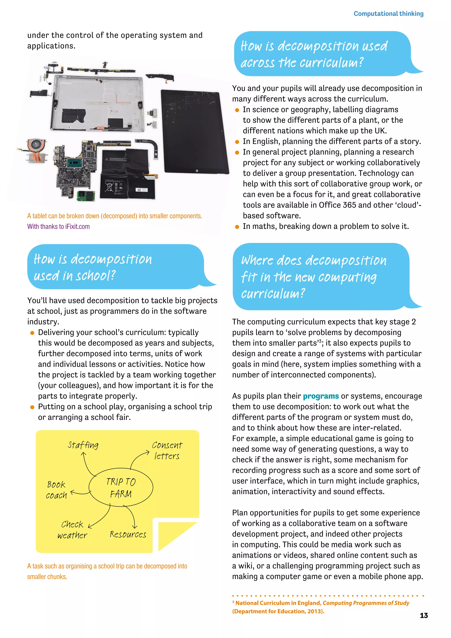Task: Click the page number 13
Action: click(423, 615)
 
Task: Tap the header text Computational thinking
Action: click(388, 14)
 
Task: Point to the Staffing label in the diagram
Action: click(83, 445)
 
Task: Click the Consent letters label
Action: click(167, 450)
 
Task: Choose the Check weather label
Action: click(72, 530)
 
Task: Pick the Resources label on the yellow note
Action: click(128, 534)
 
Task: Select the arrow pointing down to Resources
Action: click(133, 517)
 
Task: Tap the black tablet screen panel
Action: click(194, 132)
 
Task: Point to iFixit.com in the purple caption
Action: click(78, 226)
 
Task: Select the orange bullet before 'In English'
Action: click(237, 142)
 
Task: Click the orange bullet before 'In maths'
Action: click(237, 227)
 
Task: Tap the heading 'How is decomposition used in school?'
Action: click(93, 267)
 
